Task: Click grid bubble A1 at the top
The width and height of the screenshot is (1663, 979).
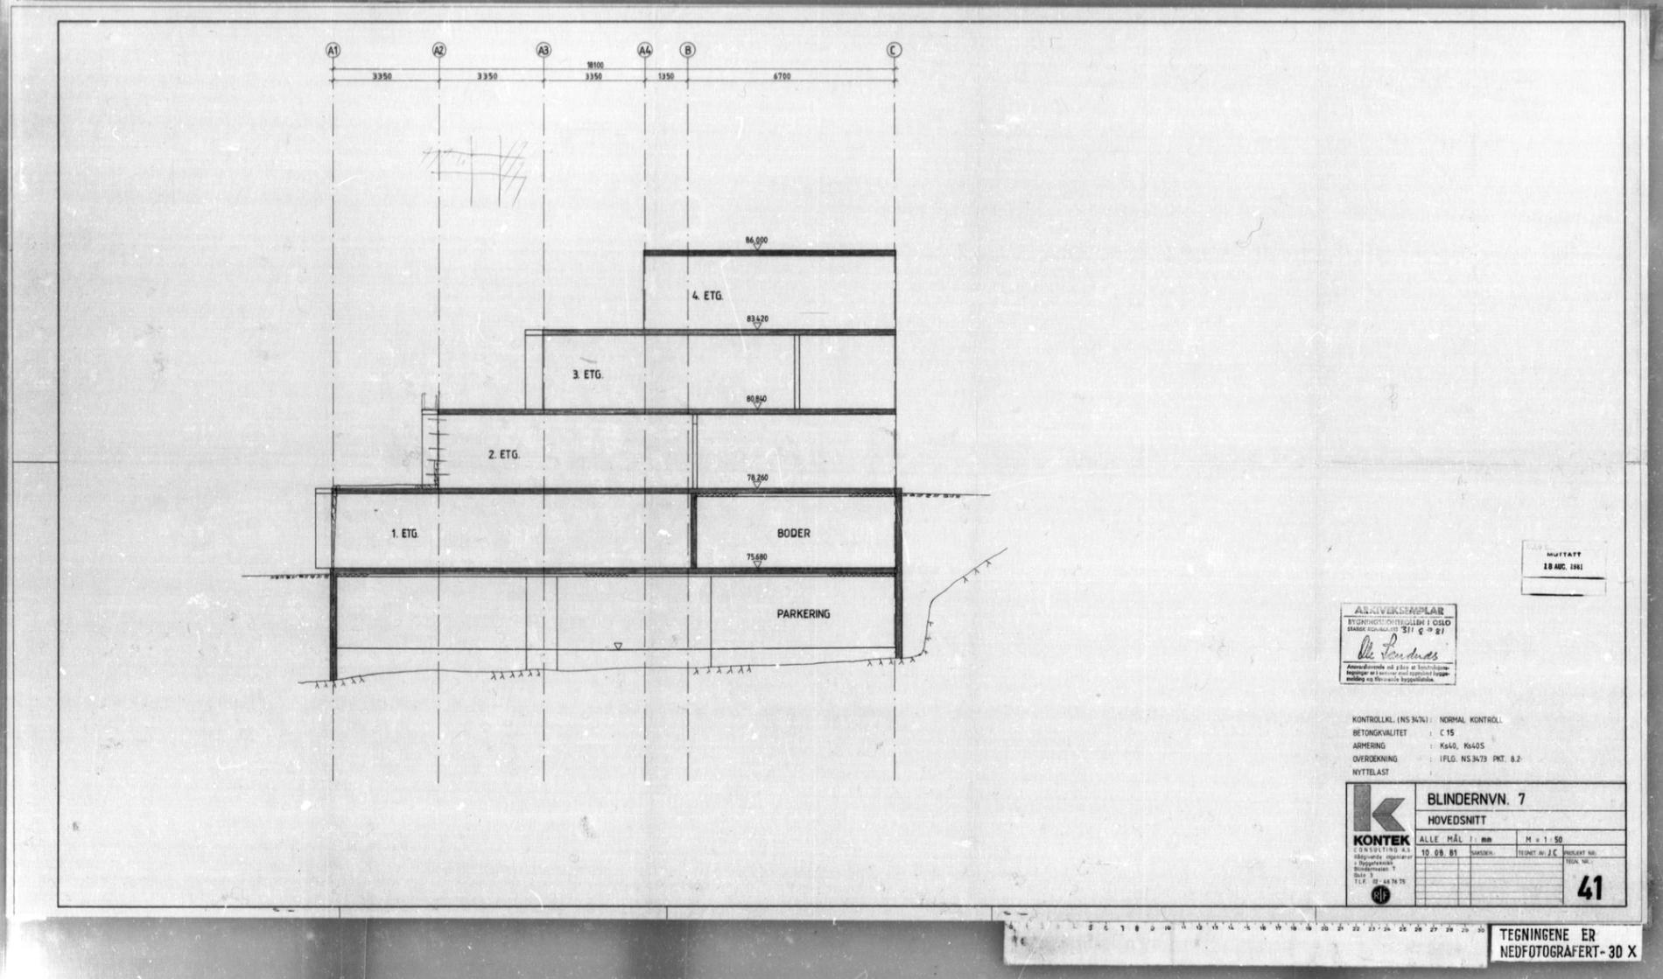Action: [333, 51]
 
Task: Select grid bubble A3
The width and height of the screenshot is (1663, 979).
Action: [544, 51]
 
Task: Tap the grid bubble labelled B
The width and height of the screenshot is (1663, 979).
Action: [688, 51]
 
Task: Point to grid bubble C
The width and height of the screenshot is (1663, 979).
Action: [895, 51]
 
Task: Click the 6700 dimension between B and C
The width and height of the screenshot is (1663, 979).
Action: [782, 77]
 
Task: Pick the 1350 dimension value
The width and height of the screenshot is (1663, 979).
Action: [665, 77]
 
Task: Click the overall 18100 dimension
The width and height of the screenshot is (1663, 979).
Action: [595, 66]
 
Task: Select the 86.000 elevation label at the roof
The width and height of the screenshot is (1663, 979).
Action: [756, 240]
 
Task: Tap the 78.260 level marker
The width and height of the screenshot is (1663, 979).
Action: [757, 478]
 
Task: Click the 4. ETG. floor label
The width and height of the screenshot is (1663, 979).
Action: [707, 297]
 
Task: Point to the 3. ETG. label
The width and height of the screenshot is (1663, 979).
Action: [587, 374]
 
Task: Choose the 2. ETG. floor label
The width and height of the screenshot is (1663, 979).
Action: [503, 455]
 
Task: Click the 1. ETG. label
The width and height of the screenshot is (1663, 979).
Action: [404, 534]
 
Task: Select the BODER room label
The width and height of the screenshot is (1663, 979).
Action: [793, 534]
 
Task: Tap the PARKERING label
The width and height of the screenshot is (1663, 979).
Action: [803, 614]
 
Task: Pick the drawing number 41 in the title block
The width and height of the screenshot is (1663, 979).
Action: [1589, 889]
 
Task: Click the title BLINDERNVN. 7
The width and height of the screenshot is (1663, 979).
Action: [1476, 800]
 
